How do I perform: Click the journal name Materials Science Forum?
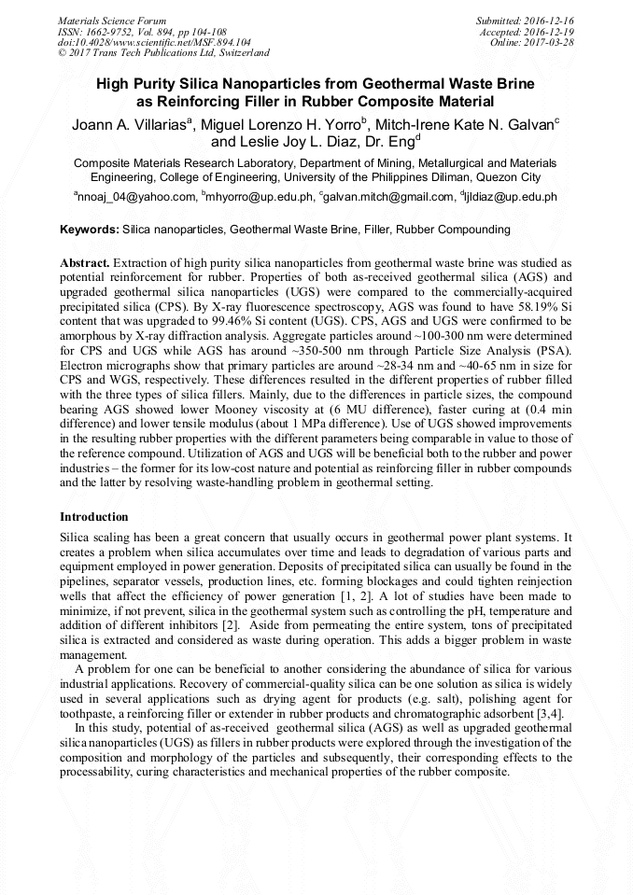pos(112,21)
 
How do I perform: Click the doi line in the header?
pos(154,43)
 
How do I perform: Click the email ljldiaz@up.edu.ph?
pos(512,197)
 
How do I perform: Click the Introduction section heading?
pos(94,517)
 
